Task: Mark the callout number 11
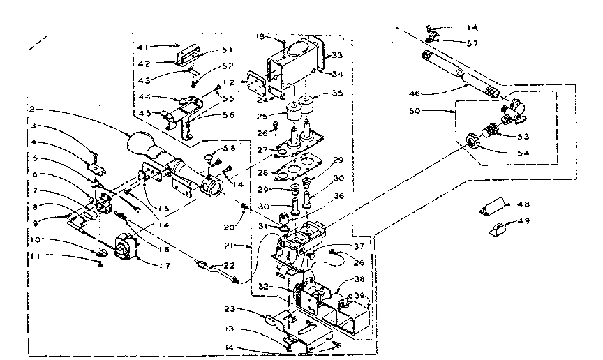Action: tap(32, 256)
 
